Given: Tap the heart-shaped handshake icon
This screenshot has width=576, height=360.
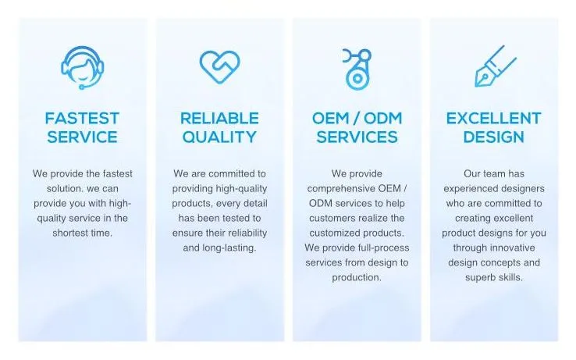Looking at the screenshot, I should point(219,67).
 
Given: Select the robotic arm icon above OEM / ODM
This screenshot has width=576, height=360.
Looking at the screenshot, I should point(356,67).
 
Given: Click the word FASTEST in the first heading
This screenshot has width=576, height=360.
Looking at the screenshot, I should point(82,119).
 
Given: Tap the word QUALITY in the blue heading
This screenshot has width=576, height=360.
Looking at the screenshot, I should point(219,137).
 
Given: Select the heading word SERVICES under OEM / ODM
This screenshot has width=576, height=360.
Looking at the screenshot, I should point(357,137).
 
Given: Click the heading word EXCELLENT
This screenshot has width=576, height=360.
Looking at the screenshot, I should point(493,119).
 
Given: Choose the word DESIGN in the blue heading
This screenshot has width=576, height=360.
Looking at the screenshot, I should point(493,137).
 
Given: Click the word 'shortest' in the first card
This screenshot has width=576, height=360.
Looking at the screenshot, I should point(69,233).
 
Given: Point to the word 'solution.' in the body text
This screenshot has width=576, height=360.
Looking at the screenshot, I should point(55,188).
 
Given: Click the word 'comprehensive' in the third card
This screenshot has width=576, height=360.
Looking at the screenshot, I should point(340,188).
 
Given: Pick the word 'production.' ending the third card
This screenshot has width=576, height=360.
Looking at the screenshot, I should point(357,277).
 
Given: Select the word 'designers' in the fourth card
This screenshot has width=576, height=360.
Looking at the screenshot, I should point(520,188).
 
